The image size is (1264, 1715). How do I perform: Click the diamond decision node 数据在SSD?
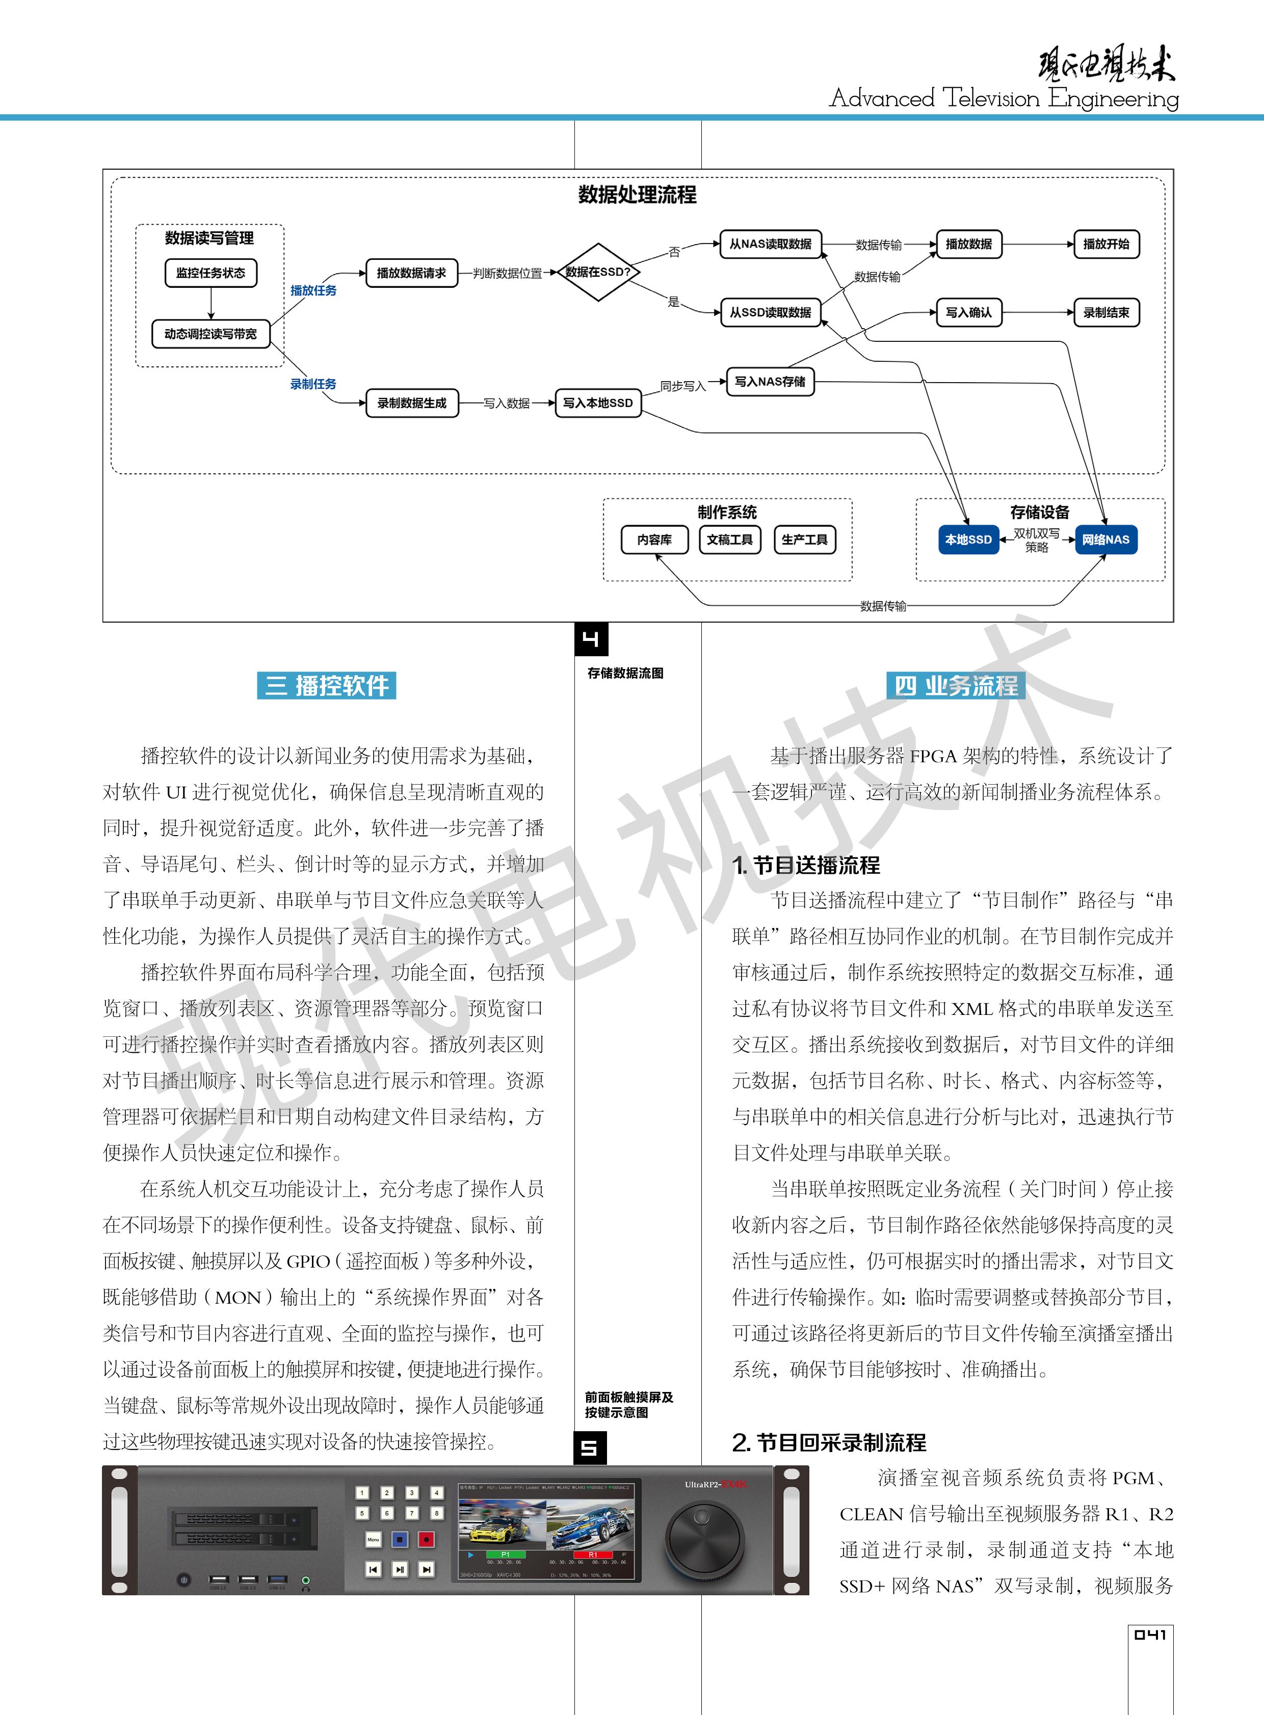597,272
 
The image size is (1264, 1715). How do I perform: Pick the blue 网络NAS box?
1105,539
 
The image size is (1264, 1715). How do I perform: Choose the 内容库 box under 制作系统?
654,539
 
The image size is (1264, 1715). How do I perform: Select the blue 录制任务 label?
313,384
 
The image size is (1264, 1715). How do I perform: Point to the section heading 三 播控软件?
327,685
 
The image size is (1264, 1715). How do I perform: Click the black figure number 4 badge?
591,639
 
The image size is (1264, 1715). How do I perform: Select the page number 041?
1150,1634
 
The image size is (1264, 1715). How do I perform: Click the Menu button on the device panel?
374,1539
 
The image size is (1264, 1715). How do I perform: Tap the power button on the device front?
183,1579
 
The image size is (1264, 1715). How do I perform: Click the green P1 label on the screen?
505,1555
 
